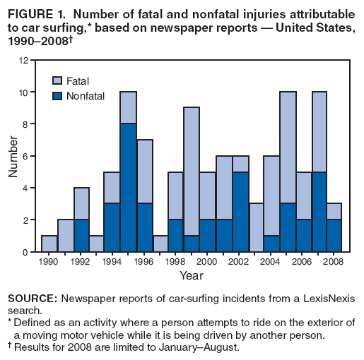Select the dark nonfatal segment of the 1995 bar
coord(128,188)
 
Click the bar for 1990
coord(49,244)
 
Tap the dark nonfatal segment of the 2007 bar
coord(318,212)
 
